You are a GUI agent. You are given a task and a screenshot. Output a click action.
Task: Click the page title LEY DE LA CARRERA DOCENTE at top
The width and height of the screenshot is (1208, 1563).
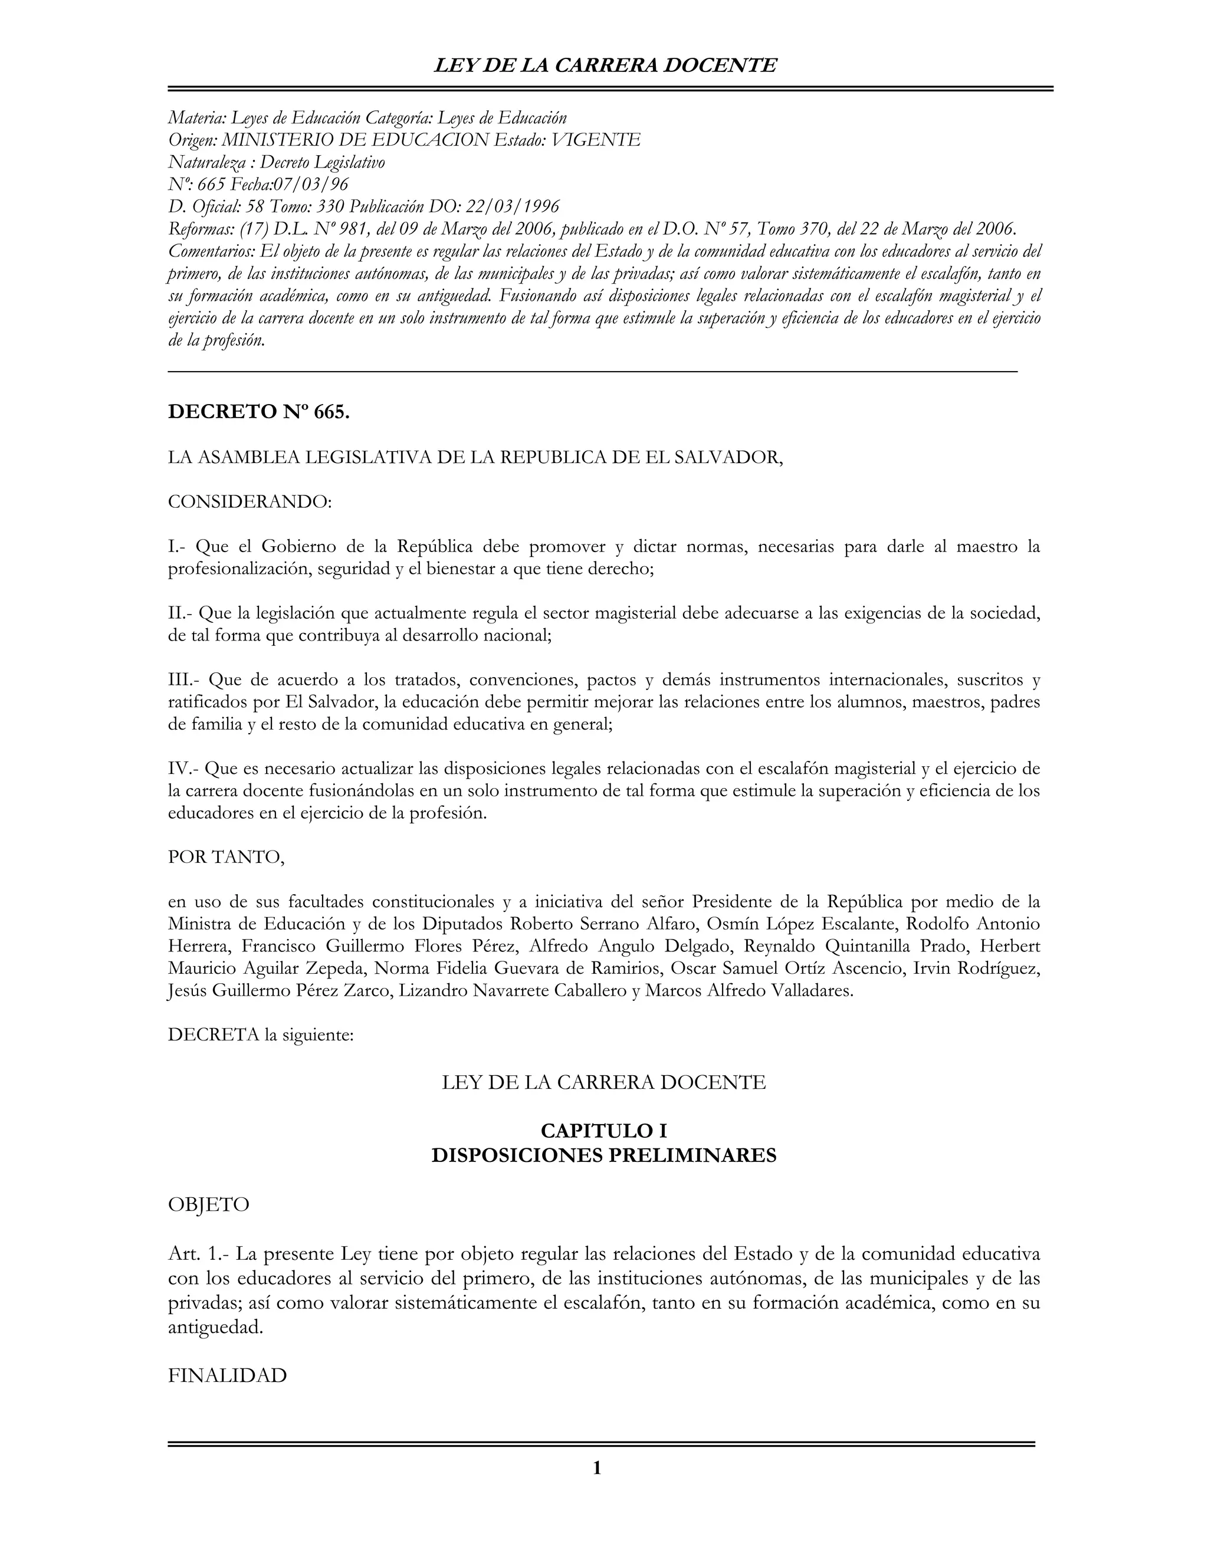click(x=605, y=66)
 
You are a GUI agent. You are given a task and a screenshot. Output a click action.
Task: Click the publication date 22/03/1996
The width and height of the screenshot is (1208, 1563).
click(x=513, y=207)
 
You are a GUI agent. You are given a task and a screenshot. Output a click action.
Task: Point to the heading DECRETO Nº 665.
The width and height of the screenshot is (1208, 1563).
click(x=258, y=412)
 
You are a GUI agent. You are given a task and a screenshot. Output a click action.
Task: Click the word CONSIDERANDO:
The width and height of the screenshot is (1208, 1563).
click(x=250, y=502)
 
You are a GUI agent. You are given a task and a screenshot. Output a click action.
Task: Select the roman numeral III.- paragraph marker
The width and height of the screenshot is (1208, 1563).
click(x=184, y=679)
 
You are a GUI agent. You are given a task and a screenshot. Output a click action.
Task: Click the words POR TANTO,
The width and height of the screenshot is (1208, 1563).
click(x=226, y=858)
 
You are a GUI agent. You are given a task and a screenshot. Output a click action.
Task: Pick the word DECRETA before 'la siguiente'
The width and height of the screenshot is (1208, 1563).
click(x=214, y=1036)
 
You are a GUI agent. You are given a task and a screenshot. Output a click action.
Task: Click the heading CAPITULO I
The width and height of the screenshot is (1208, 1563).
click(x=603, y=1131)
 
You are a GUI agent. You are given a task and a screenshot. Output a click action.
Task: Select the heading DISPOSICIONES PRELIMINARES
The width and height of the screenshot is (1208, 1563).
click(x=603, y=1156)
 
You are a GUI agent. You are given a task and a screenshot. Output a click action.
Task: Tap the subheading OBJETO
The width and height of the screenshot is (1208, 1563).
click(x=208, y=1205)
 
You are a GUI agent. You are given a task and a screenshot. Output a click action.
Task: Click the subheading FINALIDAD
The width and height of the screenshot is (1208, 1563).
click(x=227, y=1375)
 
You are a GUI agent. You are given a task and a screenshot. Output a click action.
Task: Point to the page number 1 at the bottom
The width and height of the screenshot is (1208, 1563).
click(x=597, y=1469)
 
